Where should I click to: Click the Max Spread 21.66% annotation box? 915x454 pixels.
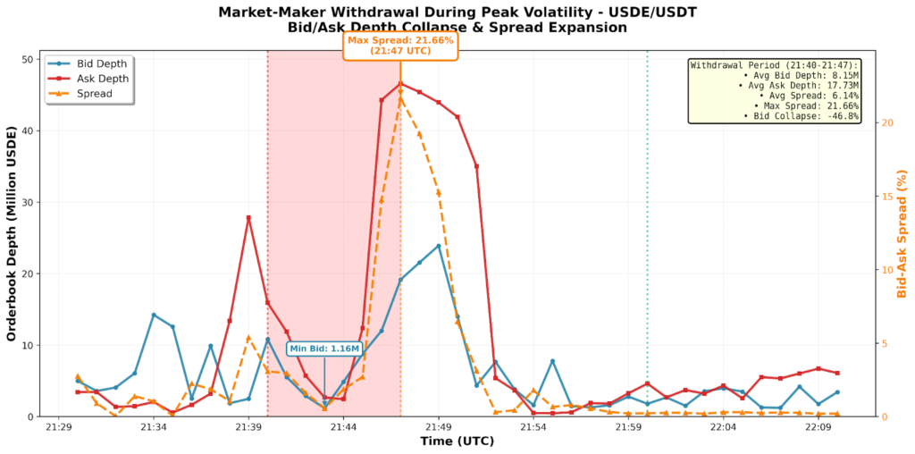click(x=400, y=46)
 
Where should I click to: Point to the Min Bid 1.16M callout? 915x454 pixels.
click(x=324, y=349)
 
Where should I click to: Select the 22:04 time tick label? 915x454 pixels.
click(x=723, y=428)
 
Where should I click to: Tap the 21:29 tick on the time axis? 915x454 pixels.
click(x=59, y=428)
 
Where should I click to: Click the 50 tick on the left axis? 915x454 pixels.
click(x=27, y=60)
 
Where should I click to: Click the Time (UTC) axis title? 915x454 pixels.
click(x=457, y=441)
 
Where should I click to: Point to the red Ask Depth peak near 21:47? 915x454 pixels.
click(x=400, y=83)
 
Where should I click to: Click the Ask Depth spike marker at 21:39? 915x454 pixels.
click(x=248, y=218)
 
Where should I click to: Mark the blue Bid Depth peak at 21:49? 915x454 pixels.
click(x=439, y=246)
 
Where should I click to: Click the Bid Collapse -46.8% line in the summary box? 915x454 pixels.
click(x=801, y=116)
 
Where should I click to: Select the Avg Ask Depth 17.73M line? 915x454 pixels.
click(x=797, y=85)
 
